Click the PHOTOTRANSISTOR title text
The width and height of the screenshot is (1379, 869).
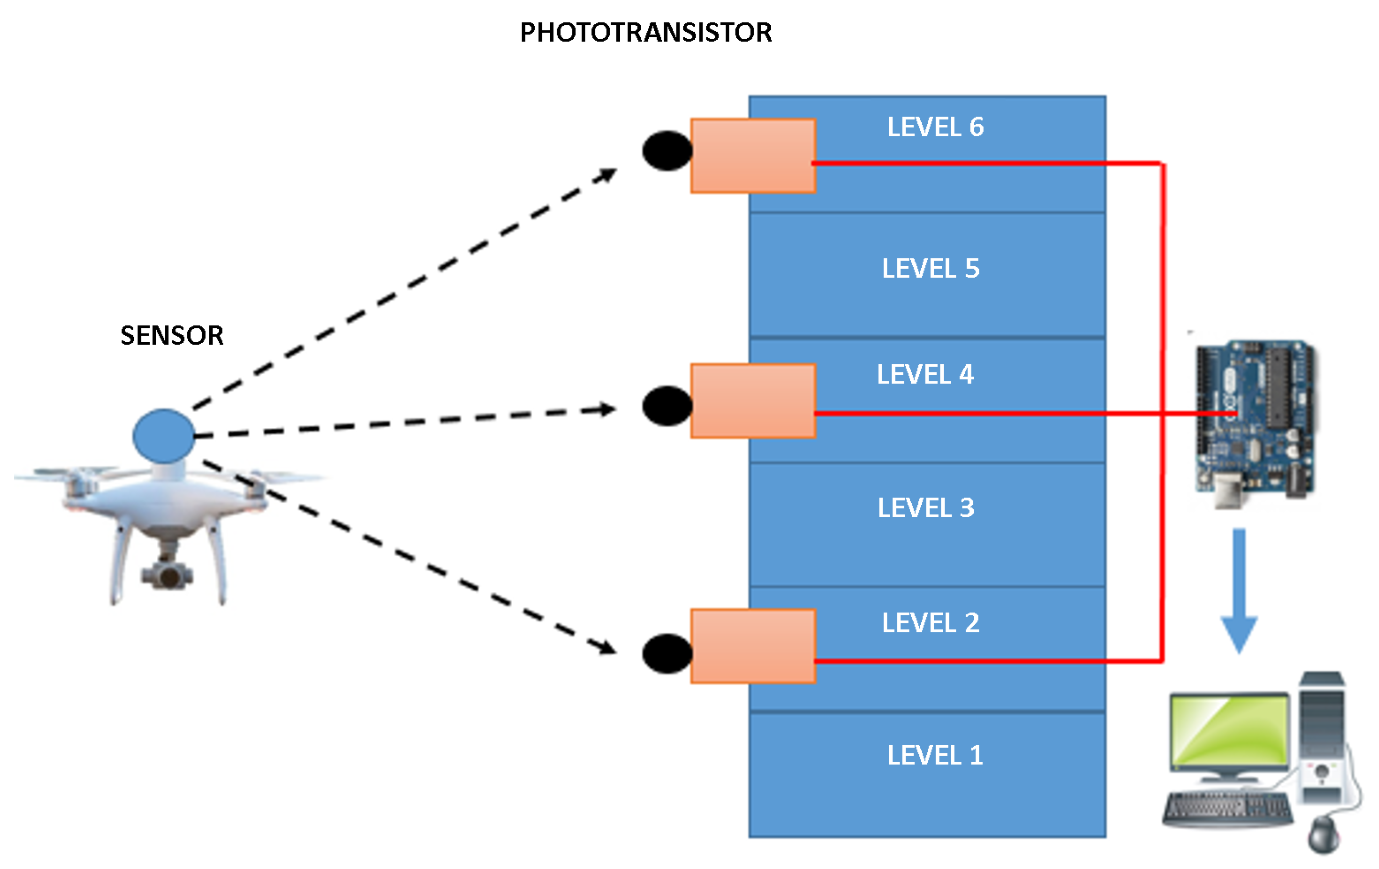coord(646,32)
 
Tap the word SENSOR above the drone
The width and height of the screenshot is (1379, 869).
coord(172,336)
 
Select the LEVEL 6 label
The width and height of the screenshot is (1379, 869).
coord(935,127)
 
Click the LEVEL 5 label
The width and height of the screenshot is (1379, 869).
coord(931,269)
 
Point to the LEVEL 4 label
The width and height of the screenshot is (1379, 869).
coord(925,375)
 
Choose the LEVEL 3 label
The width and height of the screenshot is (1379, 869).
coord(926,508)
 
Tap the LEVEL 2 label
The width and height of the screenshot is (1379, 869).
coord(931,623)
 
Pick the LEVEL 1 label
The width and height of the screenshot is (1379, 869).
coord(935,756)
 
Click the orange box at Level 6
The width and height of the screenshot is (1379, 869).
coord(753,156)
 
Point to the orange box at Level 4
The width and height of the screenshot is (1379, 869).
coord(753,401)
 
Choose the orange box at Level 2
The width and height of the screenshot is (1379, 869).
coord(753,646)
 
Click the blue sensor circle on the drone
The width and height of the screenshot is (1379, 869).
coord(164,436)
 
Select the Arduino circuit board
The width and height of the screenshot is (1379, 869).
coord(1254,421)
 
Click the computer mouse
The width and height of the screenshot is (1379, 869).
coord(1324,835)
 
